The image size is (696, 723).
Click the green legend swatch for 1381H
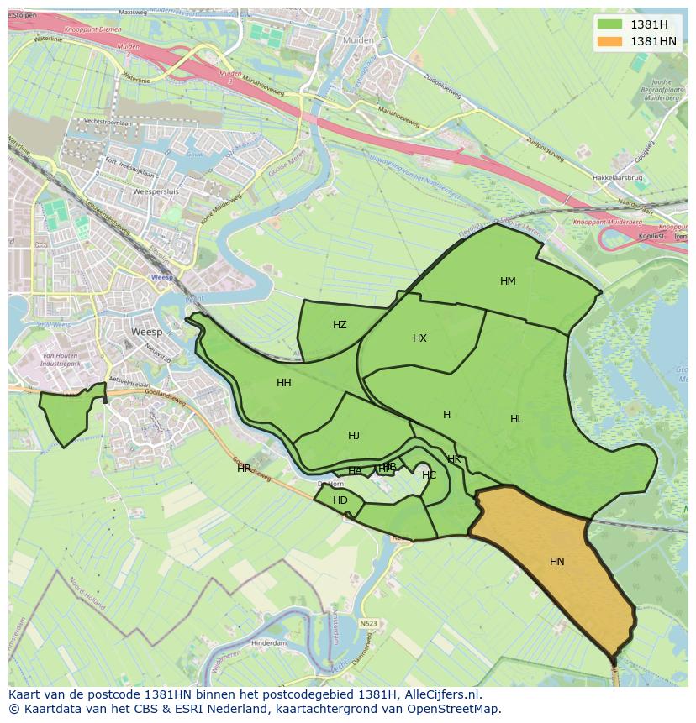[610, 24]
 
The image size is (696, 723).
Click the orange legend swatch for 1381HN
[610, 41]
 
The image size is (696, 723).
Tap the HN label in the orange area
[557, 562]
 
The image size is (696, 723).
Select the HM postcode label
[508, 281]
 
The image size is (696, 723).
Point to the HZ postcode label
[340, 325]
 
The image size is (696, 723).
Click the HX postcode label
[419, 338]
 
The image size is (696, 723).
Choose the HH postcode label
[284, 383]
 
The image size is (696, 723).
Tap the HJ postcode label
[354, 436]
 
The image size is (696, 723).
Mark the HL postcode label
[516, 419]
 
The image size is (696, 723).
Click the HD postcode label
[340, 500]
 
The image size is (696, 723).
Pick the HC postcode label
[429, 475]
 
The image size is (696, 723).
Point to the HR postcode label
[244, 469]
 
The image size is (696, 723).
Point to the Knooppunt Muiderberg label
[608, 223]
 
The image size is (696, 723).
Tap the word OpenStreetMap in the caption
[459, 709]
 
